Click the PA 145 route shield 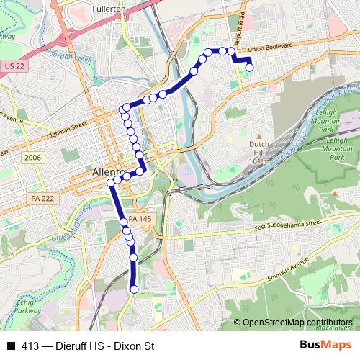tap(138, 220)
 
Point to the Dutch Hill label tap(259, 144)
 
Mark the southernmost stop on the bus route tap(134, 289)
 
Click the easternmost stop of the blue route tap(250, 68)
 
